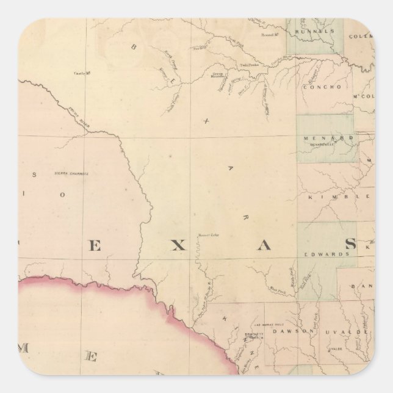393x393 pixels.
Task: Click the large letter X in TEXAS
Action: click(x=176, y=246)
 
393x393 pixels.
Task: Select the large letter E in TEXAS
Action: click(x=96, y=246)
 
